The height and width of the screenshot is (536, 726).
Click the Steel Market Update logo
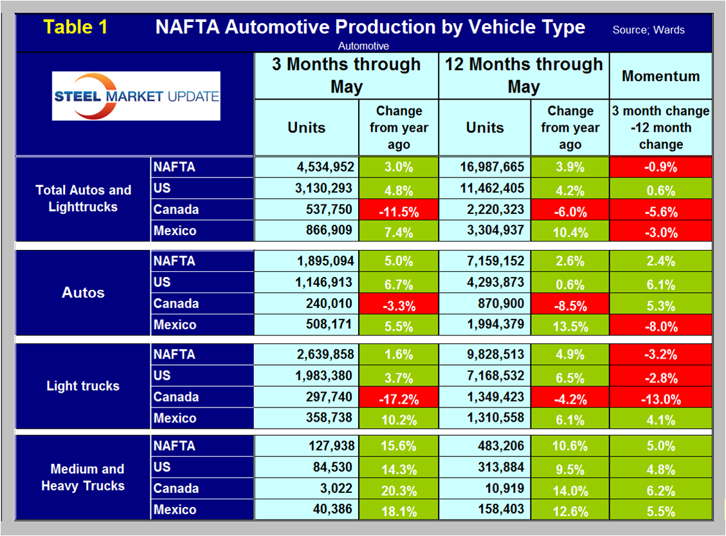[136, 96]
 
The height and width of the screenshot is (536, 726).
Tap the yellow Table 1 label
[76, 27]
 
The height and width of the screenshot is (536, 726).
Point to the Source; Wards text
[648, 30]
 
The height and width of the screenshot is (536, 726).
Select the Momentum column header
[660, 76]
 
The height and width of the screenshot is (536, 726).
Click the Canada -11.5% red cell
[399, 210]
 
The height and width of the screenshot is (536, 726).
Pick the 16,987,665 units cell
[492, 167]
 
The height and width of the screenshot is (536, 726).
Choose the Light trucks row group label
[83, 386]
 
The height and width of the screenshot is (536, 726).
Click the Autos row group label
[83, 293]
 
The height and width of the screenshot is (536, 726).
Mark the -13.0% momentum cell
[660, 398]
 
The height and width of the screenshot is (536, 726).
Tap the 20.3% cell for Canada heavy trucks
[399, 489]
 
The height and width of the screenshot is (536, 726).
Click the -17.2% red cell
[399, 398]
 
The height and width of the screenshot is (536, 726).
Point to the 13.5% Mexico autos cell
[570, 326]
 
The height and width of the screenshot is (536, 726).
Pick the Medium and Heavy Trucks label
[83, 478]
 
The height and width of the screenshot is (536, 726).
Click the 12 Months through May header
[523, 75]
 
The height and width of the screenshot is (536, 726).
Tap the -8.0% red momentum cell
[660, 326]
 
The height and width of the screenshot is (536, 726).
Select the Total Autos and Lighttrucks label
[83, 199]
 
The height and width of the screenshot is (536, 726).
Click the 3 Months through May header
[346, 75]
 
